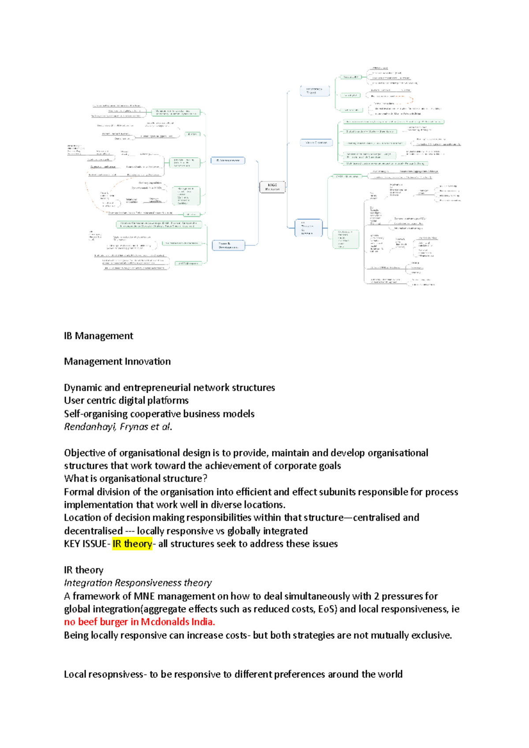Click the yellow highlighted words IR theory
tap(132, 544)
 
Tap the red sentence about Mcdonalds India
tap(139, 622)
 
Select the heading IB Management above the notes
tap(98, 336)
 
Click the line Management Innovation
tap(117, 361)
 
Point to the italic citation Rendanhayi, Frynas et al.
tap(118, 426)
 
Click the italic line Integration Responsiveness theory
tap(138, 583)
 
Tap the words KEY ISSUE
tap(85, 544)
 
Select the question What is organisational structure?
tap(135, 478)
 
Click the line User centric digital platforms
tap(126, 400)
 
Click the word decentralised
tap(93, 531)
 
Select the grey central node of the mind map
tap(272, 187)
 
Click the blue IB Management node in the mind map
tap(228, 161)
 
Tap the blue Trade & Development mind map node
tap(228, 245)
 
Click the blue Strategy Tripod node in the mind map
tap(314, 91)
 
